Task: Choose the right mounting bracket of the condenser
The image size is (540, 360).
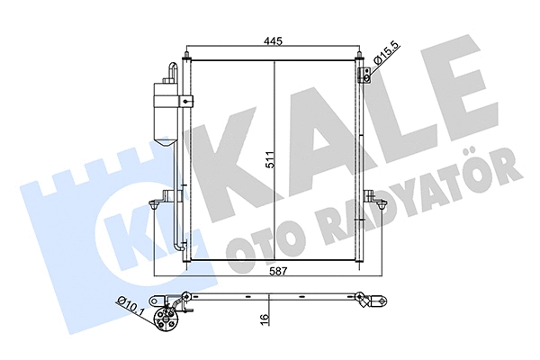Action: (x=372, y=195)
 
